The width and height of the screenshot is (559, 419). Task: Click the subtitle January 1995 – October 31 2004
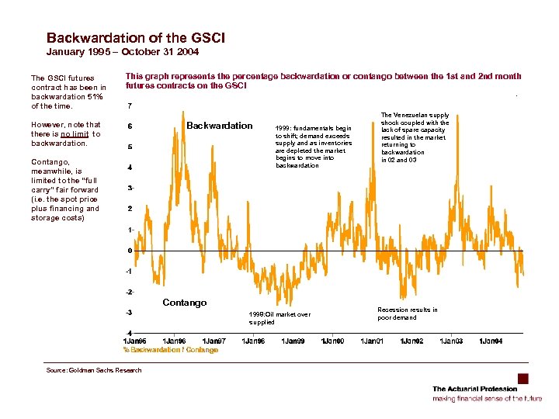(x=123, y=52)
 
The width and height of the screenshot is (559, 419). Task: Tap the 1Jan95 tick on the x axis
(x=136, y=341)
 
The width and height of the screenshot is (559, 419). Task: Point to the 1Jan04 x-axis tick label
(x=490, y=341)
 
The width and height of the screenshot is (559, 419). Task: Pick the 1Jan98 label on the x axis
(x=253, y=341)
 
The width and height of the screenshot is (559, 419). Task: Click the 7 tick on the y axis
(x=129, y=106)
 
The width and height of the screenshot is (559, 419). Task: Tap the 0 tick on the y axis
(x=129, y=251)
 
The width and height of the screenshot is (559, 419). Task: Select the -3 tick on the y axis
(x=129, y=313)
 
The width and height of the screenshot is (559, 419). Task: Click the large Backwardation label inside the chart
(x=220, y=126)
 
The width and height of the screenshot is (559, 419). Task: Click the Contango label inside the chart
(x=185, y=303)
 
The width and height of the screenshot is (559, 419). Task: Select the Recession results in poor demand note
(x=407, y=313)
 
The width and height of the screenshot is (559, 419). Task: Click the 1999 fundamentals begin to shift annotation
(x=314, y=147)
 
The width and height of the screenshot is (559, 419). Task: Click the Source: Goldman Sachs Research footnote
(x=94, y=370)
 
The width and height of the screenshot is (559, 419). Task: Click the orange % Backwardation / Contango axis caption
(x=171, y=350)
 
